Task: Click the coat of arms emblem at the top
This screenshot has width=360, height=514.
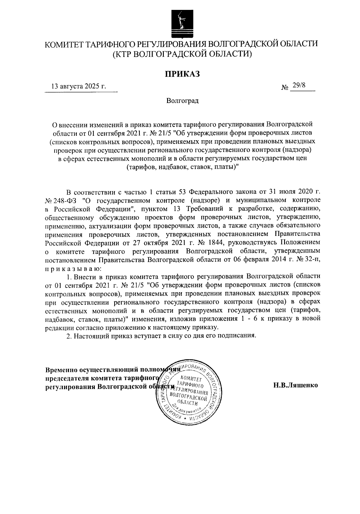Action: [x=180, y=22]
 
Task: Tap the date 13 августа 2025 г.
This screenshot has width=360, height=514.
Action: [x=79, y=87]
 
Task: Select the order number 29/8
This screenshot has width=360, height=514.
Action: [x=299, y=86]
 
